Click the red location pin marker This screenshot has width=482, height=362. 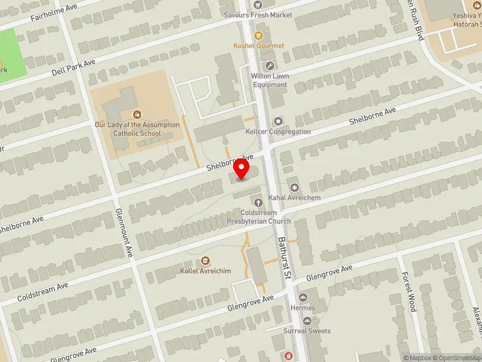(242, 168)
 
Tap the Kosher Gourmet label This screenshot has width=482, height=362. (258, 46)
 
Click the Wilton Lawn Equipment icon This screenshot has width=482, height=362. (269, 66)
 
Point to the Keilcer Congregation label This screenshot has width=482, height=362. (278, 132)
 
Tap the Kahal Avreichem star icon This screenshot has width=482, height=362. (294, 186)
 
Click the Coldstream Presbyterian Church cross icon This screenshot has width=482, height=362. (258, 202)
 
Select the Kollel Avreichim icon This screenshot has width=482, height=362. (205, 261)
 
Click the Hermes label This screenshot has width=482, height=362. (302, 308)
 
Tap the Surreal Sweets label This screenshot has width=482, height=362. (307, 331)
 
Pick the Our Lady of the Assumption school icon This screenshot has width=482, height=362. (137, 114)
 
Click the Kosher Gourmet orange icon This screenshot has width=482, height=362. (258, 36)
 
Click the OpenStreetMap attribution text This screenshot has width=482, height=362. (459, 358)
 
